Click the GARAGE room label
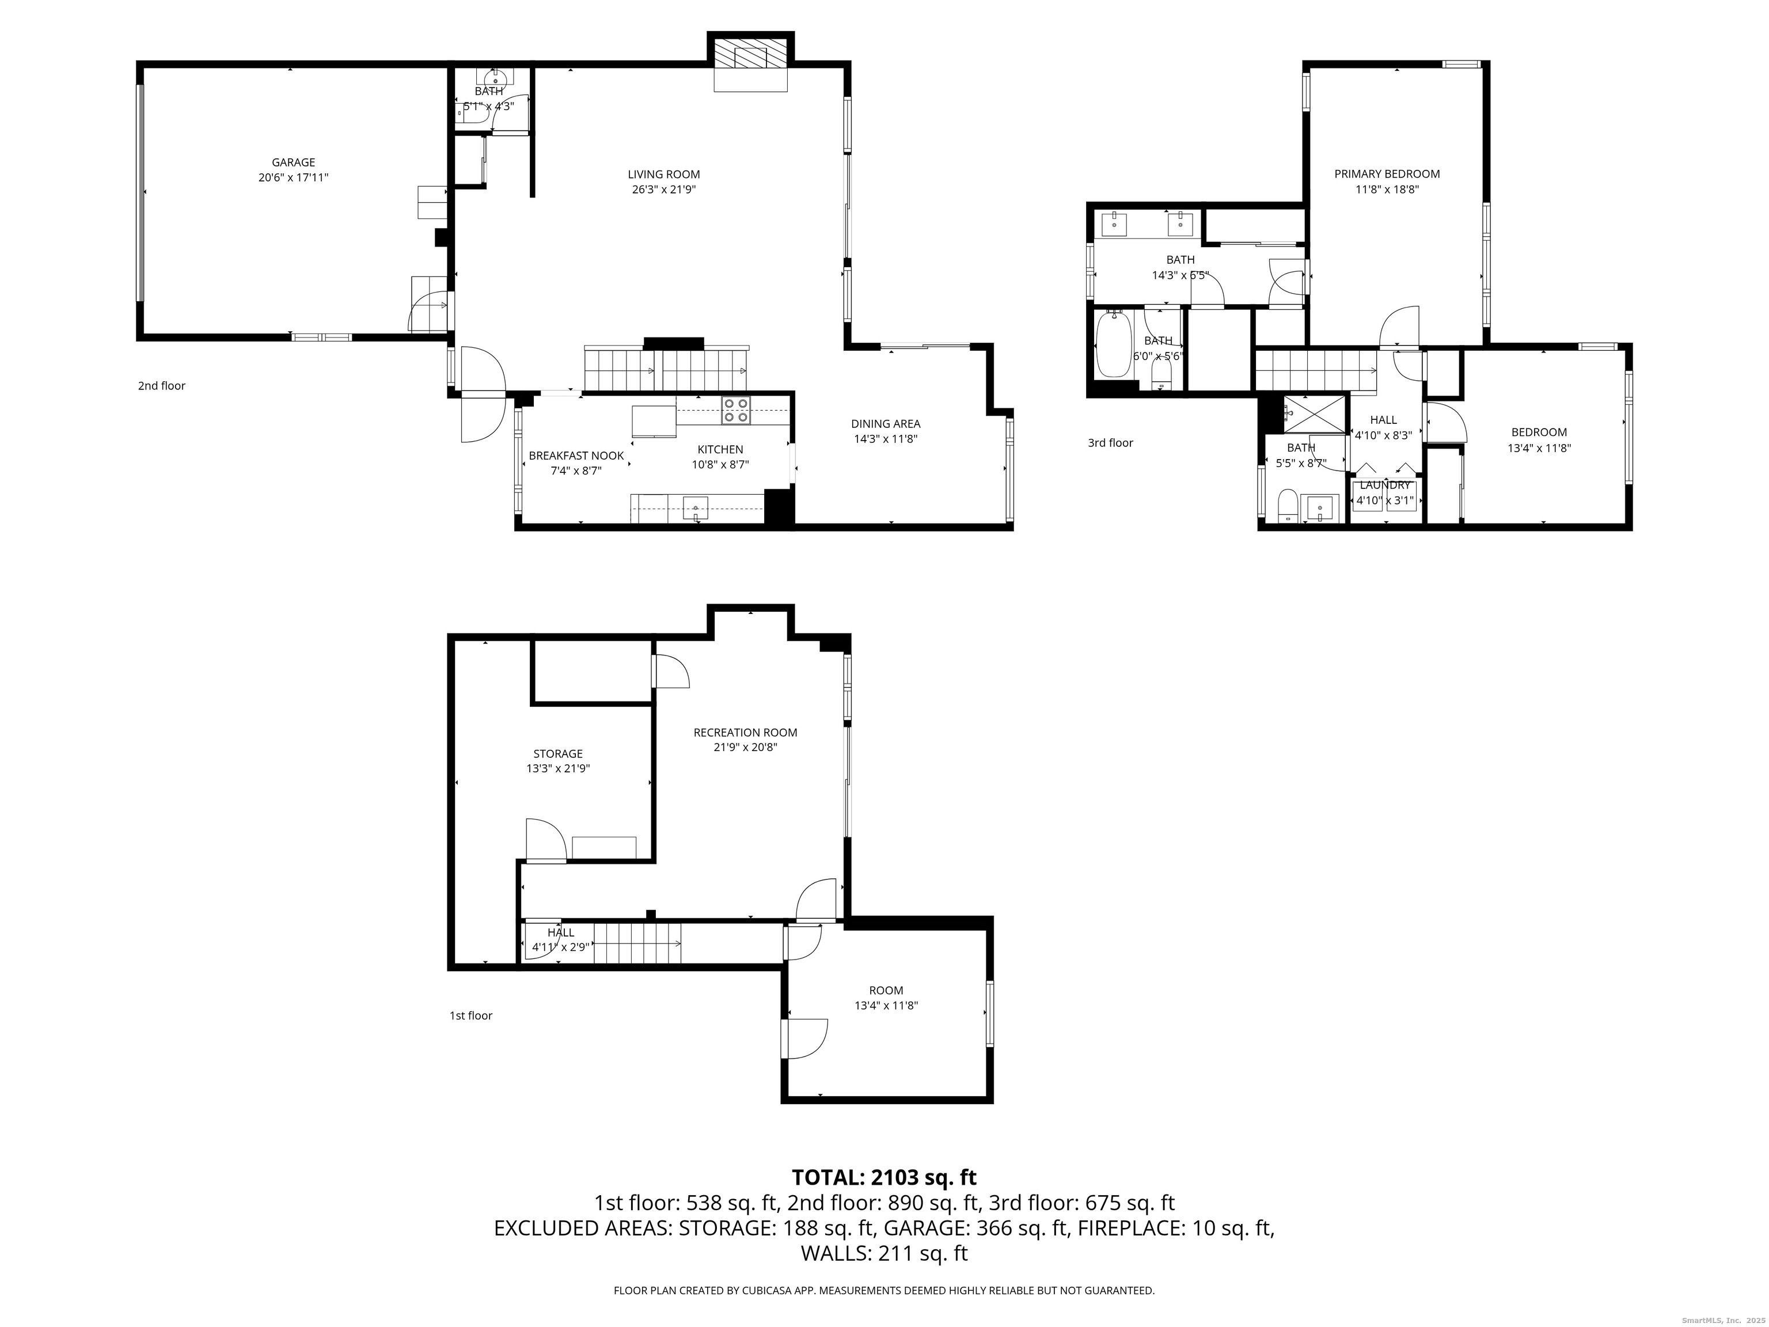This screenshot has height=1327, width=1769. click(x=293, y=162)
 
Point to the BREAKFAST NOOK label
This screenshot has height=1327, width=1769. click(x=576, y=456)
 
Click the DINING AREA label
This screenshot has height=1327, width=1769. click(x=885, y=424)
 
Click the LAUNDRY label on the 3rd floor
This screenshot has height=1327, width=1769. click(x=1384, y=486)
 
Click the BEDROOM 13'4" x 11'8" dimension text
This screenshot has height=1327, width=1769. click(x=1539, y=448)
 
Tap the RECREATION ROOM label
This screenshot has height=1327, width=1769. click(x=745, y=732)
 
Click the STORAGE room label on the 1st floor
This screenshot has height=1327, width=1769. click(x=557, y=753)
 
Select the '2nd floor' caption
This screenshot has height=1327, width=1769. click(x=162, y=385)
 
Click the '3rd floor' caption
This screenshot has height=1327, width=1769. click(x=1110, y=442)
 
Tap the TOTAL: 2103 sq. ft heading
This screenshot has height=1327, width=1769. click(x=884, y=1177)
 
